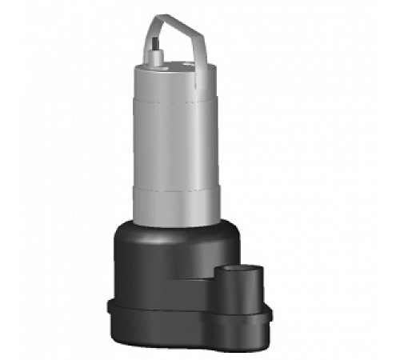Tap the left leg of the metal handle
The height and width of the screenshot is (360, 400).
(x=147, y=44)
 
